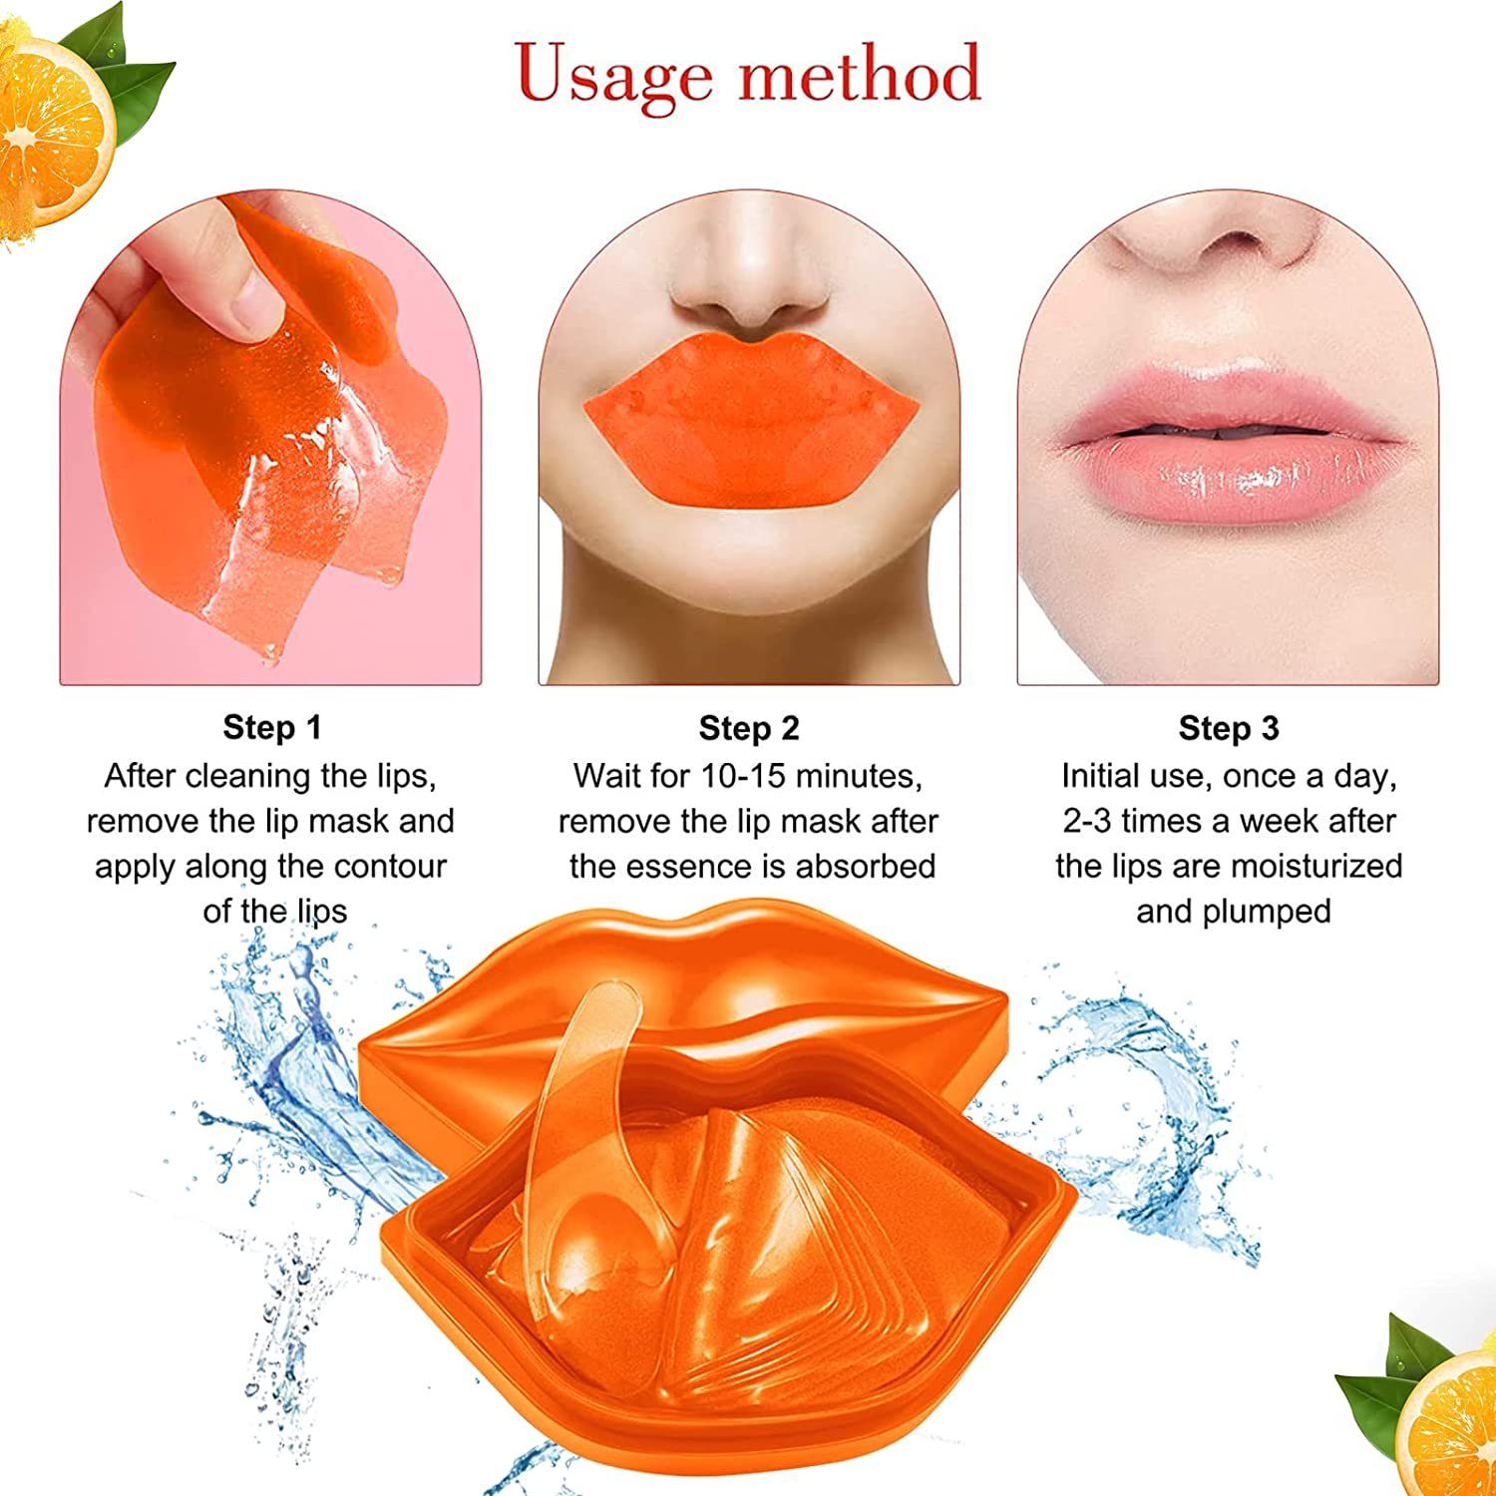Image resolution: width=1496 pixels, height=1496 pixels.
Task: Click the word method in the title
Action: (860, 74)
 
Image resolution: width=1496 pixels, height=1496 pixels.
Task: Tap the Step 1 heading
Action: (272, 727)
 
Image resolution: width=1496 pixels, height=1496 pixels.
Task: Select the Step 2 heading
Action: (749, 728)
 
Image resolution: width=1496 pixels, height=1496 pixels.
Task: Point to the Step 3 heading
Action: (1228, 728)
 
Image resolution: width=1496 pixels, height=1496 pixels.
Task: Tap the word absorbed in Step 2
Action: (865, 866)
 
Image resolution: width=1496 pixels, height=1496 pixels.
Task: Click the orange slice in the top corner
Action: (50, 120)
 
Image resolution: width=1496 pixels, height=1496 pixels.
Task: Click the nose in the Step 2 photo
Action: (750, 289)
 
